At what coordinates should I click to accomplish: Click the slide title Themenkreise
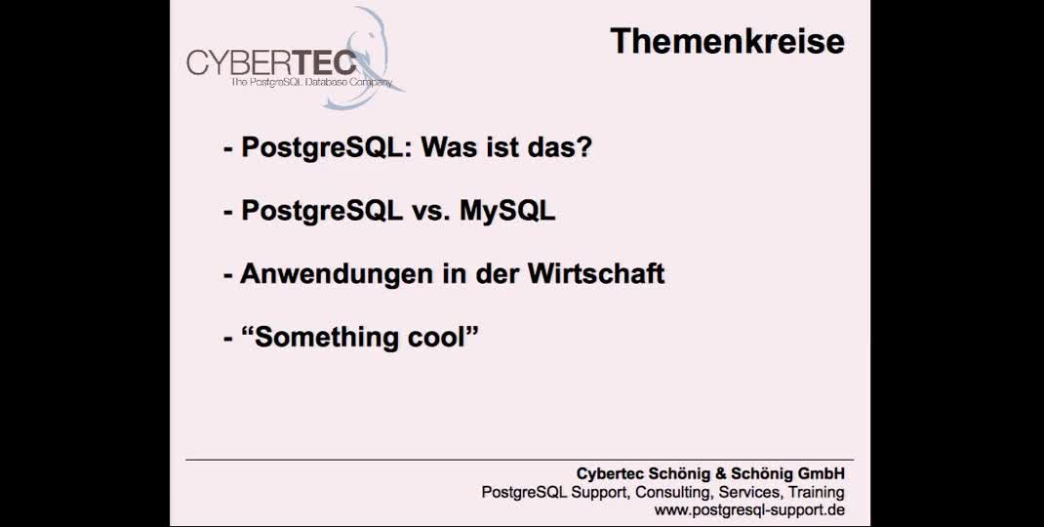[727, 41]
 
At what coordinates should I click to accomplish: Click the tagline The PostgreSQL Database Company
[310, 84]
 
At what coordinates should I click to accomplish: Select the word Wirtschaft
[596, 273]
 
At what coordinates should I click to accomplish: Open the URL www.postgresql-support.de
[748, 510]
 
